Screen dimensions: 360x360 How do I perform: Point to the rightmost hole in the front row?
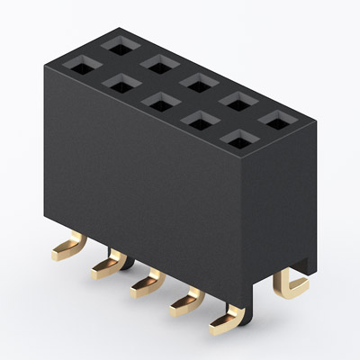(236, 137)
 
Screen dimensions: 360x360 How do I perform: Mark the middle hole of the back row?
(196, 80)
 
